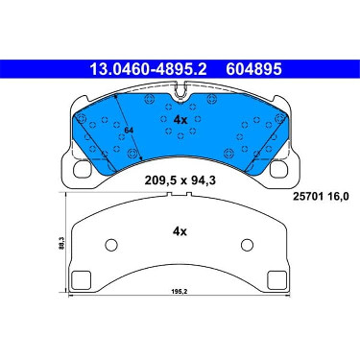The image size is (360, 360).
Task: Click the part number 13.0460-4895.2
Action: (x=148, y=69)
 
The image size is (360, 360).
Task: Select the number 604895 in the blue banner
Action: (x=253, y=69)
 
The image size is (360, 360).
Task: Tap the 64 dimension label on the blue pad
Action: (x=129, y=131)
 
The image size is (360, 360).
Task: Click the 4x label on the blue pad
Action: (x=180, y=120)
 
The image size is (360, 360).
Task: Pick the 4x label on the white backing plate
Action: (x=180, y=231)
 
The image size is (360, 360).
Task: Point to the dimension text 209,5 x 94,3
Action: (x=180, y=180)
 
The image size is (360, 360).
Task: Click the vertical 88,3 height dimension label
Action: (x=62, y=243)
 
